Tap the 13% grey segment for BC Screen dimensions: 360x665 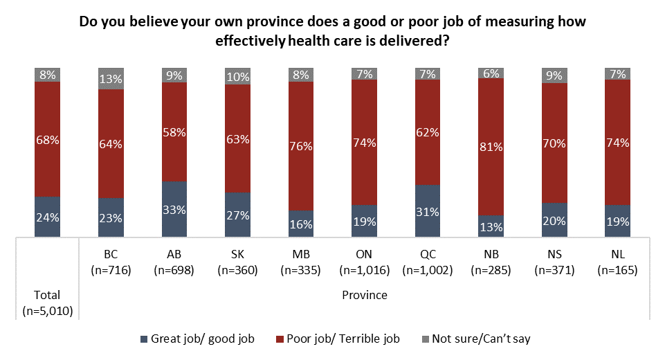pos(111,79)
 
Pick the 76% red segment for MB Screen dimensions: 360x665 pos(300,146)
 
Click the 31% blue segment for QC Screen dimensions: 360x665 pos(427,211)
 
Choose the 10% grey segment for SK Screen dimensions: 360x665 pos(237,76)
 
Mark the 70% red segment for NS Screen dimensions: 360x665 pos(554,143)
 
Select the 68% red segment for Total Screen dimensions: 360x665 pos(48,139)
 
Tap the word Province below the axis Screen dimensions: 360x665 pos(364,296)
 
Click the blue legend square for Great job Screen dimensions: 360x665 pos(144,339)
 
